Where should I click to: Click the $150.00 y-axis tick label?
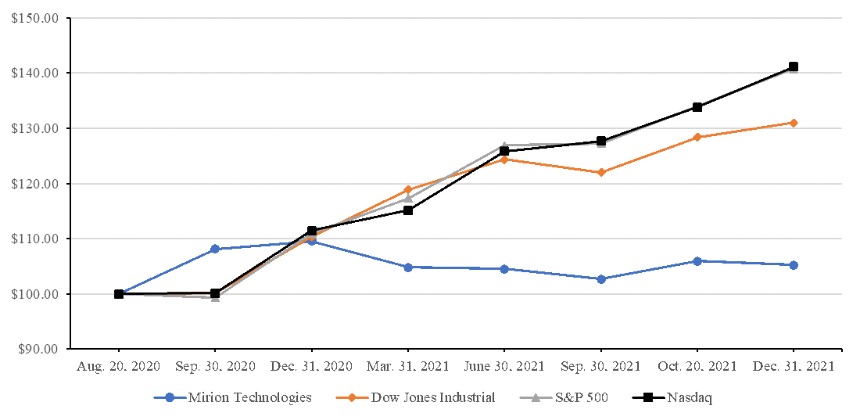pos(34,18)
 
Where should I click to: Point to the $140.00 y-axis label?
pos(34,73)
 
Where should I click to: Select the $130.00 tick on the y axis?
pos(34,128)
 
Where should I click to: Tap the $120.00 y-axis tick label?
pos(34,184)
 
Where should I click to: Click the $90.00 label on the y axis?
pos(37,350)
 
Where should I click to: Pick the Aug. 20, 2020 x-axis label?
pos(118,366)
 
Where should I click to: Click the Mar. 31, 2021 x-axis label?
pos(407,366)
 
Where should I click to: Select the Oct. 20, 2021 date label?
pos(697,366)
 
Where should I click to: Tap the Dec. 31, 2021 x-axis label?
pos(793,366)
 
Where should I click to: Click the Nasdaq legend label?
pos(689,397)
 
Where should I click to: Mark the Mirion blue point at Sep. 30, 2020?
pos(216,249)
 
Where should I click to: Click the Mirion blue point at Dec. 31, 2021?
pos(794,265)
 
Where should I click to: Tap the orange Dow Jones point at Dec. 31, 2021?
pos(794,123)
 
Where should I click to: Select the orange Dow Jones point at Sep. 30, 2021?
pos(601,172)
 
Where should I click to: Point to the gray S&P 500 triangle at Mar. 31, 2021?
pos(408,198)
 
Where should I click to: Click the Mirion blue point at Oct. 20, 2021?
pos(697,261)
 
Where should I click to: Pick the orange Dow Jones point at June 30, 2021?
pos(504,160)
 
